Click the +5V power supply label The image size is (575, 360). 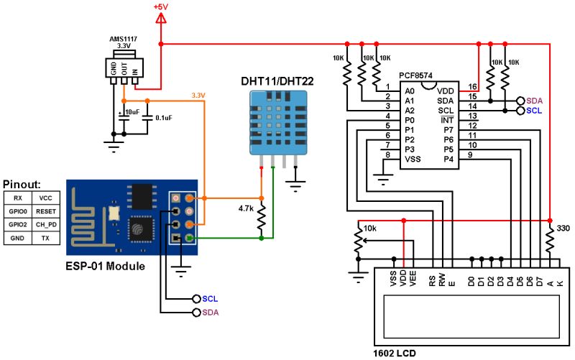coord(161,6)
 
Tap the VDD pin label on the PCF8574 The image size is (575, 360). coord(446,91)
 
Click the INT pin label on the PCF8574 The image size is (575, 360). coord(447,120)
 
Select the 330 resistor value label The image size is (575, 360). coord(563,229)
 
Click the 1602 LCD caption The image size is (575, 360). coord(395,353)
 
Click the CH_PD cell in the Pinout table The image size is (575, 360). coord(46,225)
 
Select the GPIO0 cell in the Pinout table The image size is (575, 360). coord(19,212)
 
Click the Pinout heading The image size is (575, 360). coord(22,184)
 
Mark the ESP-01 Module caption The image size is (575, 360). coord(104,267)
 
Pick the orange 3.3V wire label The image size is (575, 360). coord(198,95)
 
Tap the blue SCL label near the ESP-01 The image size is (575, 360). coord(210,298)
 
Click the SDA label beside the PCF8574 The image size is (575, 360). coord(534,101)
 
